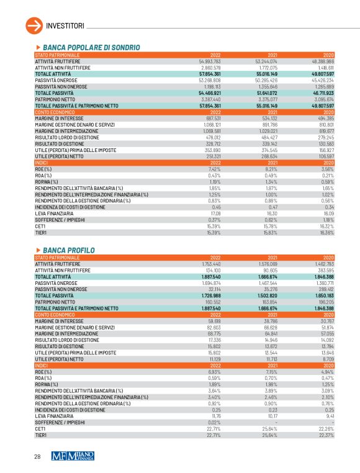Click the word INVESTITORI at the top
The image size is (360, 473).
click(x=66, y=25)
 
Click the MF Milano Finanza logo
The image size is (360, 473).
click(x=73, y=456)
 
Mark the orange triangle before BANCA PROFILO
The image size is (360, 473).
click(x=39, y=250)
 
